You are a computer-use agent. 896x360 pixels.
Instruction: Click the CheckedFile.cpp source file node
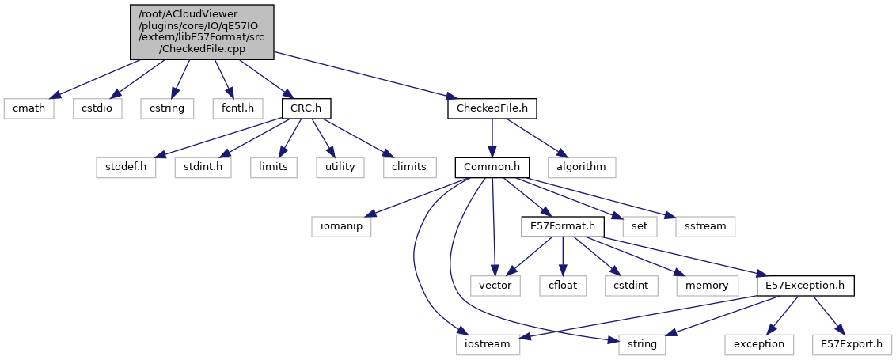point(202,31)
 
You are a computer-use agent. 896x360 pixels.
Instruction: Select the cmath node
point(28,108)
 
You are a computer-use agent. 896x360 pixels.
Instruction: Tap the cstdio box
point(99,108)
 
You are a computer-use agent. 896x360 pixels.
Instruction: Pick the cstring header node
point(166,108)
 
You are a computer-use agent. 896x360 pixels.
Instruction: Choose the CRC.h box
point(306,108)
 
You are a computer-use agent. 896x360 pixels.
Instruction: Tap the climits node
point(408,167)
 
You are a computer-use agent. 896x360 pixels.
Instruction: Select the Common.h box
point(492,167)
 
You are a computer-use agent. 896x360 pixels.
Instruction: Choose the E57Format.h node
point(562,226)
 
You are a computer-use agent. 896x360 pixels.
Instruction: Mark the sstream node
point(705,226)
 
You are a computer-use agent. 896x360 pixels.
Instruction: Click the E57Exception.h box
point(806,285)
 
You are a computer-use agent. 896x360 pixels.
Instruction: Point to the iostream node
point(488,344)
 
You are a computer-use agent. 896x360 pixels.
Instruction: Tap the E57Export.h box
point(852,344)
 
